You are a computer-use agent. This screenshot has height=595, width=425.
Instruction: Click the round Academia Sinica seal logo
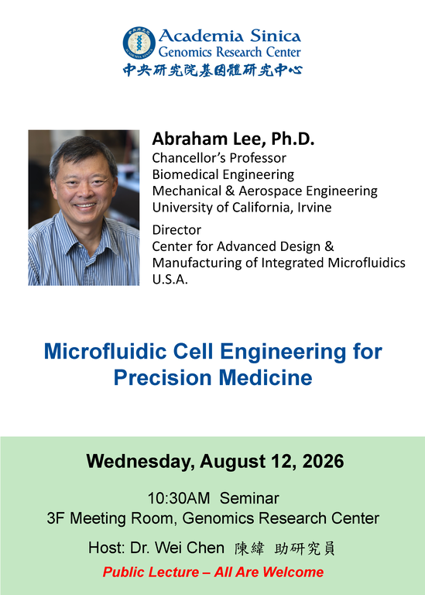[139, 43]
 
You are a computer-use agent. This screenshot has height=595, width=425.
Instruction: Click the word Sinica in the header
[276, 36]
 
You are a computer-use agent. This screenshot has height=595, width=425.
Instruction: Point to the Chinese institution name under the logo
[212, 71]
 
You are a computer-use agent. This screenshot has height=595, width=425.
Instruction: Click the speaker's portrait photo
[84, 208]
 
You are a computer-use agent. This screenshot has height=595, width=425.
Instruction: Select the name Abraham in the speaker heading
[190, 139]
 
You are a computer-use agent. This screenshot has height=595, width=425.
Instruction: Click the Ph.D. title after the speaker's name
[293, 139]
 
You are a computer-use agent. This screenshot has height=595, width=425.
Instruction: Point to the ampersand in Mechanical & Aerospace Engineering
[230, 191]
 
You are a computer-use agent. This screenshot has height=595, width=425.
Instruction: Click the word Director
[177, 230]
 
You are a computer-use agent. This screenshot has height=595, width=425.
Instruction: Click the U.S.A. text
[170, 279]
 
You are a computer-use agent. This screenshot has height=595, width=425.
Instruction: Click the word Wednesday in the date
[140, 462]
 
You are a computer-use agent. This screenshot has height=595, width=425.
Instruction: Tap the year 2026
[323, 462]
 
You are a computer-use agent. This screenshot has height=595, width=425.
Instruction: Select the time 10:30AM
[179, 498]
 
